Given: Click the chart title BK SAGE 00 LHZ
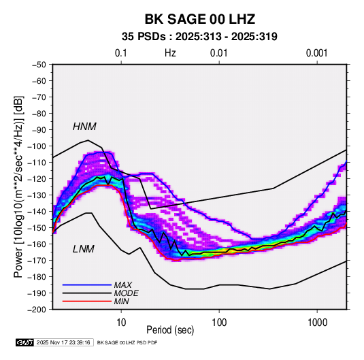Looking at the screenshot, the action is coord(200,19).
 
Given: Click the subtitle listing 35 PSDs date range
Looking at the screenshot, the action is coord(199,37).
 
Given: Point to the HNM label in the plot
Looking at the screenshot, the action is coord(84,127).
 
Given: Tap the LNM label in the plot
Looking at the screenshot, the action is coord(84,249).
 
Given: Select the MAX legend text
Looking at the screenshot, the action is coord(123,285).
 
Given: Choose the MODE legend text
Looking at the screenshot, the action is coord(127,293).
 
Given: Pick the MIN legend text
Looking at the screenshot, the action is coord(121,301).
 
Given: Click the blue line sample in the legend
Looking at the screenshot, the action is coord(87,285).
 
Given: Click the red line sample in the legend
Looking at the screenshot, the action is coord(87,301).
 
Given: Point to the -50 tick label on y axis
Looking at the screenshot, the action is coord(39,65).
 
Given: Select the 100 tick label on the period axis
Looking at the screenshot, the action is coord(219,323).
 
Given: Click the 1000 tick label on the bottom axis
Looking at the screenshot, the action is coord(317,323).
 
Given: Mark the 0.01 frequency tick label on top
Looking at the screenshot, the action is coord(218,53).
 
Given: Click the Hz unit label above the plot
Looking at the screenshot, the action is coord(170,53).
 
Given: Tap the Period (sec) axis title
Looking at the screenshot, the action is coord(170,330).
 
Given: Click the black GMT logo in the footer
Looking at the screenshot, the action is coord(25,342).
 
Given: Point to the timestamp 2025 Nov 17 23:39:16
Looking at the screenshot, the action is coord(63,342).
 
